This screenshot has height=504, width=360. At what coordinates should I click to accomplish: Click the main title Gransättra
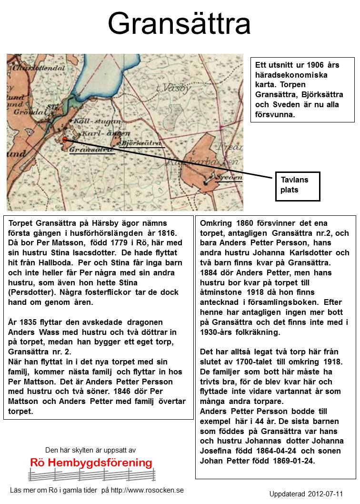point(179,24)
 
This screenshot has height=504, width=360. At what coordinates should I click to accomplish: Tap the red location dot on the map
point(65,140)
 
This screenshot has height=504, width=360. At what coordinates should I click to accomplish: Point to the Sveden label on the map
point(228,177)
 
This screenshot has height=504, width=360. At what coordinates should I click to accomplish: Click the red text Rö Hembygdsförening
point(91,463)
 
